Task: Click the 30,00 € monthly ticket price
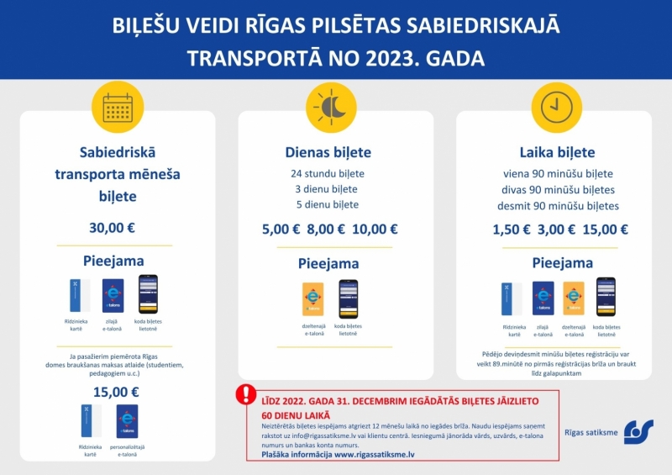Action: pos(113,228)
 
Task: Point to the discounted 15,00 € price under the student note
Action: pos(115,391)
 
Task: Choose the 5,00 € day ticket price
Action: pos(281,229)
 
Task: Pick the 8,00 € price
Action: pos(326,229)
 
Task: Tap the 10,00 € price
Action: pos(375,229)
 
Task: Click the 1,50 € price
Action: pos(511,229)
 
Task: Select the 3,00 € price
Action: pos(556,229)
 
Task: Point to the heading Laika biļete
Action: pos(556,153)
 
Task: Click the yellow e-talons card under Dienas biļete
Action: pos(312,299)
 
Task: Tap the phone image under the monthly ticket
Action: pos(149,294)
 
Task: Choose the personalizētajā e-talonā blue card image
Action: pos(128,420)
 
